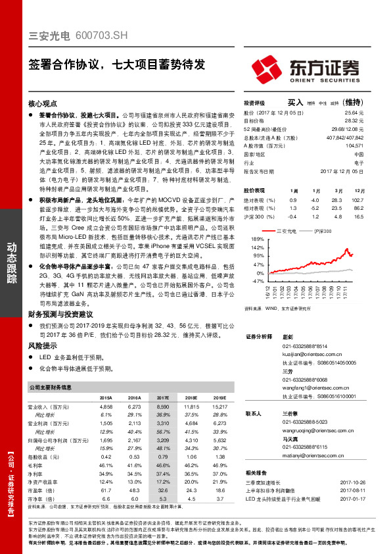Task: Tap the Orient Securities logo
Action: click(x=308, y=68)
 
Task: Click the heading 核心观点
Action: click(x=43, y=104)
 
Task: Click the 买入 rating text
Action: click(x=295, y=103)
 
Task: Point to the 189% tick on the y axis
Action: click(x=258, y=239)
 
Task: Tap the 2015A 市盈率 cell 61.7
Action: click(x=105, y=490)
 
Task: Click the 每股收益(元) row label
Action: click(x=48, y=456)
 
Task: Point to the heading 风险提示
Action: click(x=43, y=345)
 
